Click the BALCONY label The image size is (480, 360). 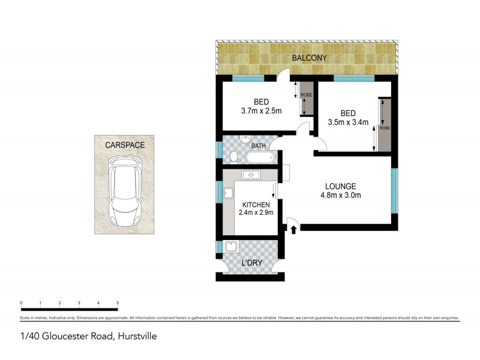[x=309, y=58]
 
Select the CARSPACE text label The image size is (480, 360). [x=125, y=145]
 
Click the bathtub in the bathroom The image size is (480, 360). [x=259, y=158]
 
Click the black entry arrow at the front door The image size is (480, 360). [x=294, y=229]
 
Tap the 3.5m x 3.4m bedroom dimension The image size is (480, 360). [x=348, y=122]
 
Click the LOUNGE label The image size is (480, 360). [x=340, y=186]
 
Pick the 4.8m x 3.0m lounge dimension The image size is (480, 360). [x=340, y=195]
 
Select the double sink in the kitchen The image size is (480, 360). [x=251, y=175]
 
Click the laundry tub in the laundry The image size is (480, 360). [x=231, y=247]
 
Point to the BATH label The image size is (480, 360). [x=259, y=146]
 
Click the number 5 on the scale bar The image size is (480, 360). [x=118, y=303]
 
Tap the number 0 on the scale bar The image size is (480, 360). [x=21, y=303]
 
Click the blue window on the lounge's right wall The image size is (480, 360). [x=394, y=191]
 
